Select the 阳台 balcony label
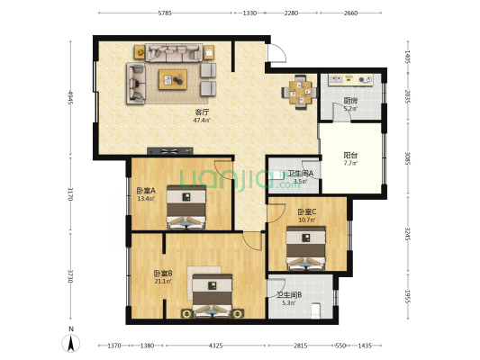349,157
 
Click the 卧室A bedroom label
146,193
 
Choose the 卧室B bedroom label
162,275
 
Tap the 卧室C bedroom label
307,214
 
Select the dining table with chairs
297,90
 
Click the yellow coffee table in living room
172,79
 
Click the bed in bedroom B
213,296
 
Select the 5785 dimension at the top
165,13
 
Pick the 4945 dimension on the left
68,96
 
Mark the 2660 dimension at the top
350,13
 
